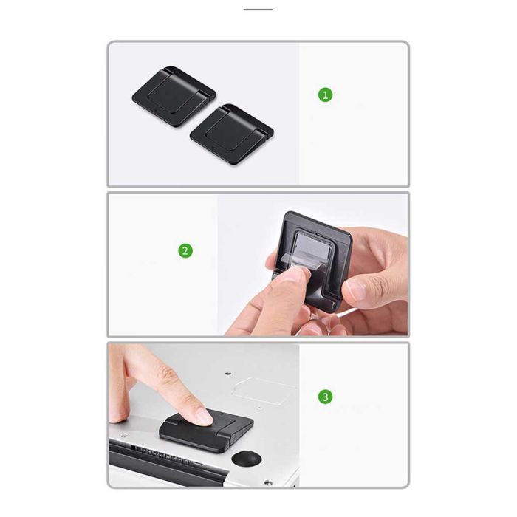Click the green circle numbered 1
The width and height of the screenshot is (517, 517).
(x=325, y=95)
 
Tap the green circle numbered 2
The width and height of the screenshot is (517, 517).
(x=185, y=250)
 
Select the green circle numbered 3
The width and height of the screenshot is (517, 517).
(x=325, y=397)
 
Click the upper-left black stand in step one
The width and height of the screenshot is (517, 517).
(x=174, y=96)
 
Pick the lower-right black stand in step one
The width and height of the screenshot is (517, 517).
(x=232, y=134)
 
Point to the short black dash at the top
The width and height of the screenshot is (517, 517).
(x=258, y=10)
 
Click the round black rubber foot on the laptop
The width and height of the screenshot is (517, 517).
(x=246, y=459)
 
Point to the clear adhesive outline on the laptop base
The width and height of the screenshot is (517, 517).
(x=264, y=391)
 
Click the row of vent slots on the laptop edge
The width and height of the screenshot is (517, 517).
(x=162, y=456)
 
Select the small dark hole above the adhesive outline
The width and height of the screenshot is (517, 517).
(x=227, y=374)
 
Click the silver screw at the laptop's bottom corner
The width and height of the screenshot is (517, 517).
(x=268, y=482)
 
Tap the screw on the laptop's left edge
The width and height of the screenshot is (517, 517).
(x=125, y=435)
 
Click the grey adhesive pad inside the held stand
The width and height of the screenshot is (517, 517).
(x=312, y=247)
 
